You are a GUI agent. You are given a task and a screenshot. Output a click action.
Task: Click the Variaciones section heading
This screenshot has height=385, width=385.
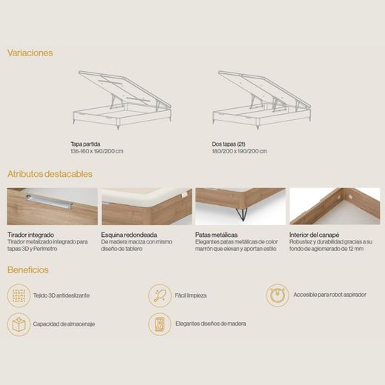click(x=30, y=53)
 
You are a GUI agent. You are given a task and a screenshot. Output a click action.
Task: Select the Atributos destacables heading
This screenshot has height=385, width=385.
click(x=50, y=174)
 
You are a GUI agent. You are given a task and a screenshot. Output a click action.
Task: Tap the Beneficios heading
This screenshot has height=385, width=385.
click(x=28, y=269)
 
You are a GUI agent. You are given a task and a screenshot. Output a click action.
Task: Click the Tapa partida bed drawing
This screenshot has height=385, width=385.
click(x=122, y=100)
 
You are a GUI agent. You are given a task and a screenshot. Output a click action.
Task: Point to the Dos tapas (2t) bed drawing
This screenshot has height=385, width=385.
click(x=262, y=100)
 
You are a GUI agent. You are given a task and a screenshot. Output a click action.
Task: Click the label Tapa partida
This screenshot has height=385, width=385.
click(x=85, y=144)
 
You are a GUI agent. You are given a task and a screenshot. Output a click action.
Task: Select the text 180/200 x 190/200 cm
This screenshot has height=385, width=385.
click(x=239, y=151)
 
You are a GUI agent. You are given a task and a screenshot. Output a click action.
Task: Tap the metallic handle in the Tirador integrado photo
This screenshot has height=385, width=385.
click(x=50, y=201)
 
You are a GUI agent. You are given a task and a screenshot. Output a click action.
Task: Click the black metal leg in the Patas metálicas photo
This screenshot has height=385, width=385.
click(x=241, y=214)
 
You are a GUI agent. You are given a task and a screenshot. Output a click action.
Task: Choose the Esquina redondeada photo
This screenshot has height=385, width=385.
click(x=147, y=207)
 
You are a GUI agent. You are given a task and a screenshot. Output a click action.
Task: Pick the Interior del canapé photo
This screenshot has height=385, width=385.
click(x=335, y=207)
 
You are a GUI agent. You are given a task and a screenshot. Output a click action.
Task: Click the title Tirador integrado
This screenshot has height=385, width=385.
click(x=30, y=235)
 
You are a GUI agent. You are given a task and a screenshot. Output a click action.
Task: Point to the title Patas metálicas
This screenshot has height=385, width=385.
click(x=216, y=235)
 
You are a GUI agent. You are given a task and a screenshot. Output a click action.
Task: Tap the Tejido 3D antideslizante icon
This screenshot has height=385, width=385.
click(x=19, y=295)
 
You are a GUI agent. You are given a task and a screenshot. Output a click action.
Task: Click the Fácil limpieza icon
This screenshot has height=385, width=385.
click(x=160, y=295)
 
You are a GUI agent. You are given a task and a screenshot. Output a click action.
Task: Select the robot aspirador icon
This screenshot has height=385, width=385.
click(x=278, y=295)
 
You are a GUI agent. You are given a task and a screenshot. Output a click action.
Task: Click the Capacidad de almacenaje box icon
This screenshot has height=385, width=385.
click(x=19, y=324)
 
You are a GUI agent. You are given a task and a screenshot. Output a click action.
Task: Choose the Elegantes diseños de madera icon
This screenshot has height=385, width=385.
click(x=160, y=324)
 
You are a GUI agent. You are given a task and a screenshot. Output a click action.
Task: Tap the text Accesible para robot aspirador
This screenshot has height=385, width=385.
click(x=329, y=295)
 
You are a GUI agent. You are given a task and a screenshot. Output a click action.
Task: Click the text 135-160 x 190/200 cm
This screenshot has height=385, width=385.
click(x=97, y=151)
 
